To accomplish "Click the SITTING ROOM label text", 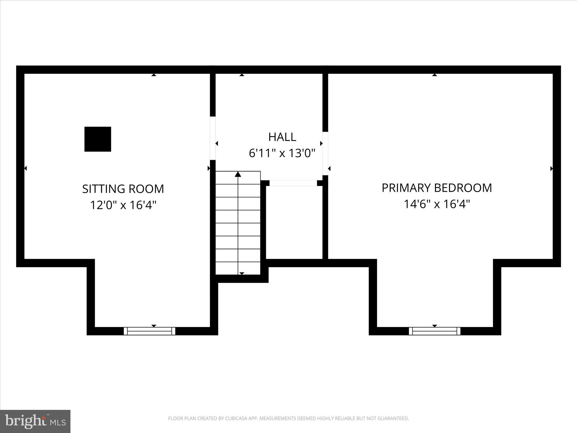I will [x=123, y=189].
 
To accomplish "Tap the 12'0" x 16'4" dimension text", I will [x=123, y=205].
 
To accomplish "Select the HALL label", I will [x=282, y=137].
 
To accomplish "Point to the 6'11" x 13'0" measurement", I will [x=282, y=153].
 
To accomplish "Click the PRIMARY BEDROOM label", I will [x=437, y=188].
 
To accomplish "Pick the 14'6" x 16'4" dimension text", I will [x=437, y=204].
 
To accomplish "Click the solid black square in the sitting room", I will [x=98, y=139].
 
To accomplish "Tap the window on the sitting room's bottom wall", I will [x=150, y=331].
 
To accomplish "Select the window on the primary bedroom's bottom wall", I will [x=434, y=331].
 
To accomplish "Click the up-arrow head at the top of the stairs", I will [x=238, y=174].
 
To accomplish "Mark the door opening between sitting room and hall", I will [x=213, y=138].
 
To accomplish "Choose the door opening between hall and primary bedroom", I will [x=325, y=153].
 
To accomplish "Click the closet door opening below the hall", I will [x=293, y=183].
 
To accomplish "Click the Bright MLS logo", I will [x=35, y=421].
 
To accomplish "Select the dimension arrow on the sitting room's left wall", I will [x=25, y=168].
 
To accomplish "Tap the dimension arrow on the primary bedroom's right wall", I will [x=551, y=169].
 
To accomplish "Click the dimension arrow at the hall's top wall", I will [x=242, y=75].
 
